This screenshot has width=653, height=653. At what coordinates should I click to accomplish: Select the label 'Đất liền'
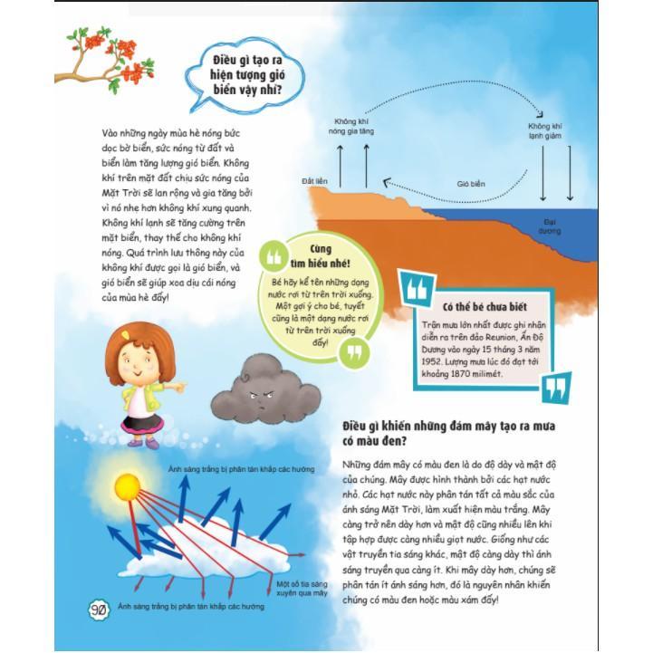(x=313, y=181)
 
